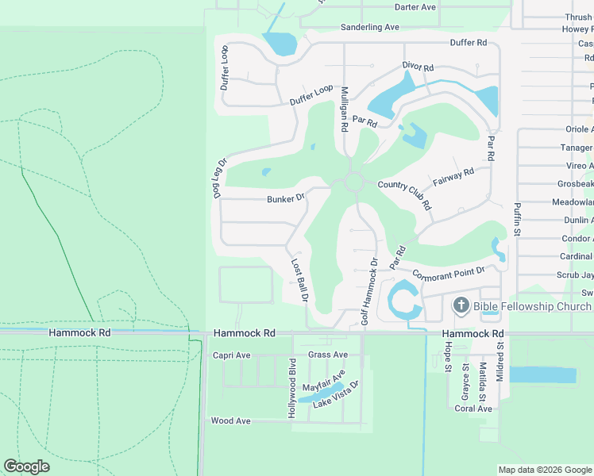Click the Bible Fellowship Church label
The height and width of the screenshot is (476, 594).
[532, 306]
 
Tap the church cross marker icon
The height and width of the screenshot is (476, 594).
[461, 306]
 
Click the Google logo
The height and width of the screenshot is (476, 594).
[27, 466]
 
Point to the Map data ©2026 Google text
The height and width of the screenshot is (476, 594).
[544, 470]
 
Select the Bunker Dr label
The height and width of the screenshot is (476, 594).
[286, 199]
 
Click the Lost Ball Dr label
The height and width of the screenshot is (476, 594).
[299, 280]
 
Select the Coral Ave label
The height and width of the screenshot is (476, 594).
[473, 409]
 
